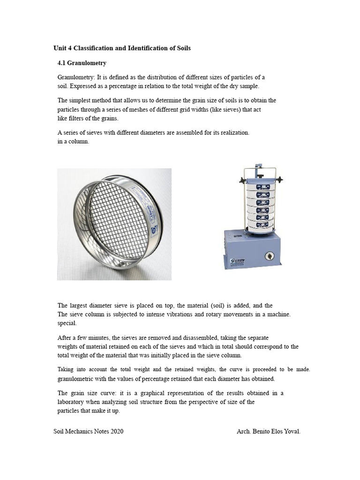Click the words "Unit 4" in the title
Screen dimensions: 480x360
62,48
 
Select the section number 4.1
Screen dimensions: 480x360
62,63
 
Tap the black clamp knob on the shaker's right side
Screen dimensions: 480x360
280,180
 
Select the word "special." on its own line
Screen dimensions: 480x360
66,323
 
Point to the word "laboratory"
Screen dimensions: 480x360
72,402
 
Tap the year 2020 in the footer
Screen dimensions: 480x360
115,431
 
